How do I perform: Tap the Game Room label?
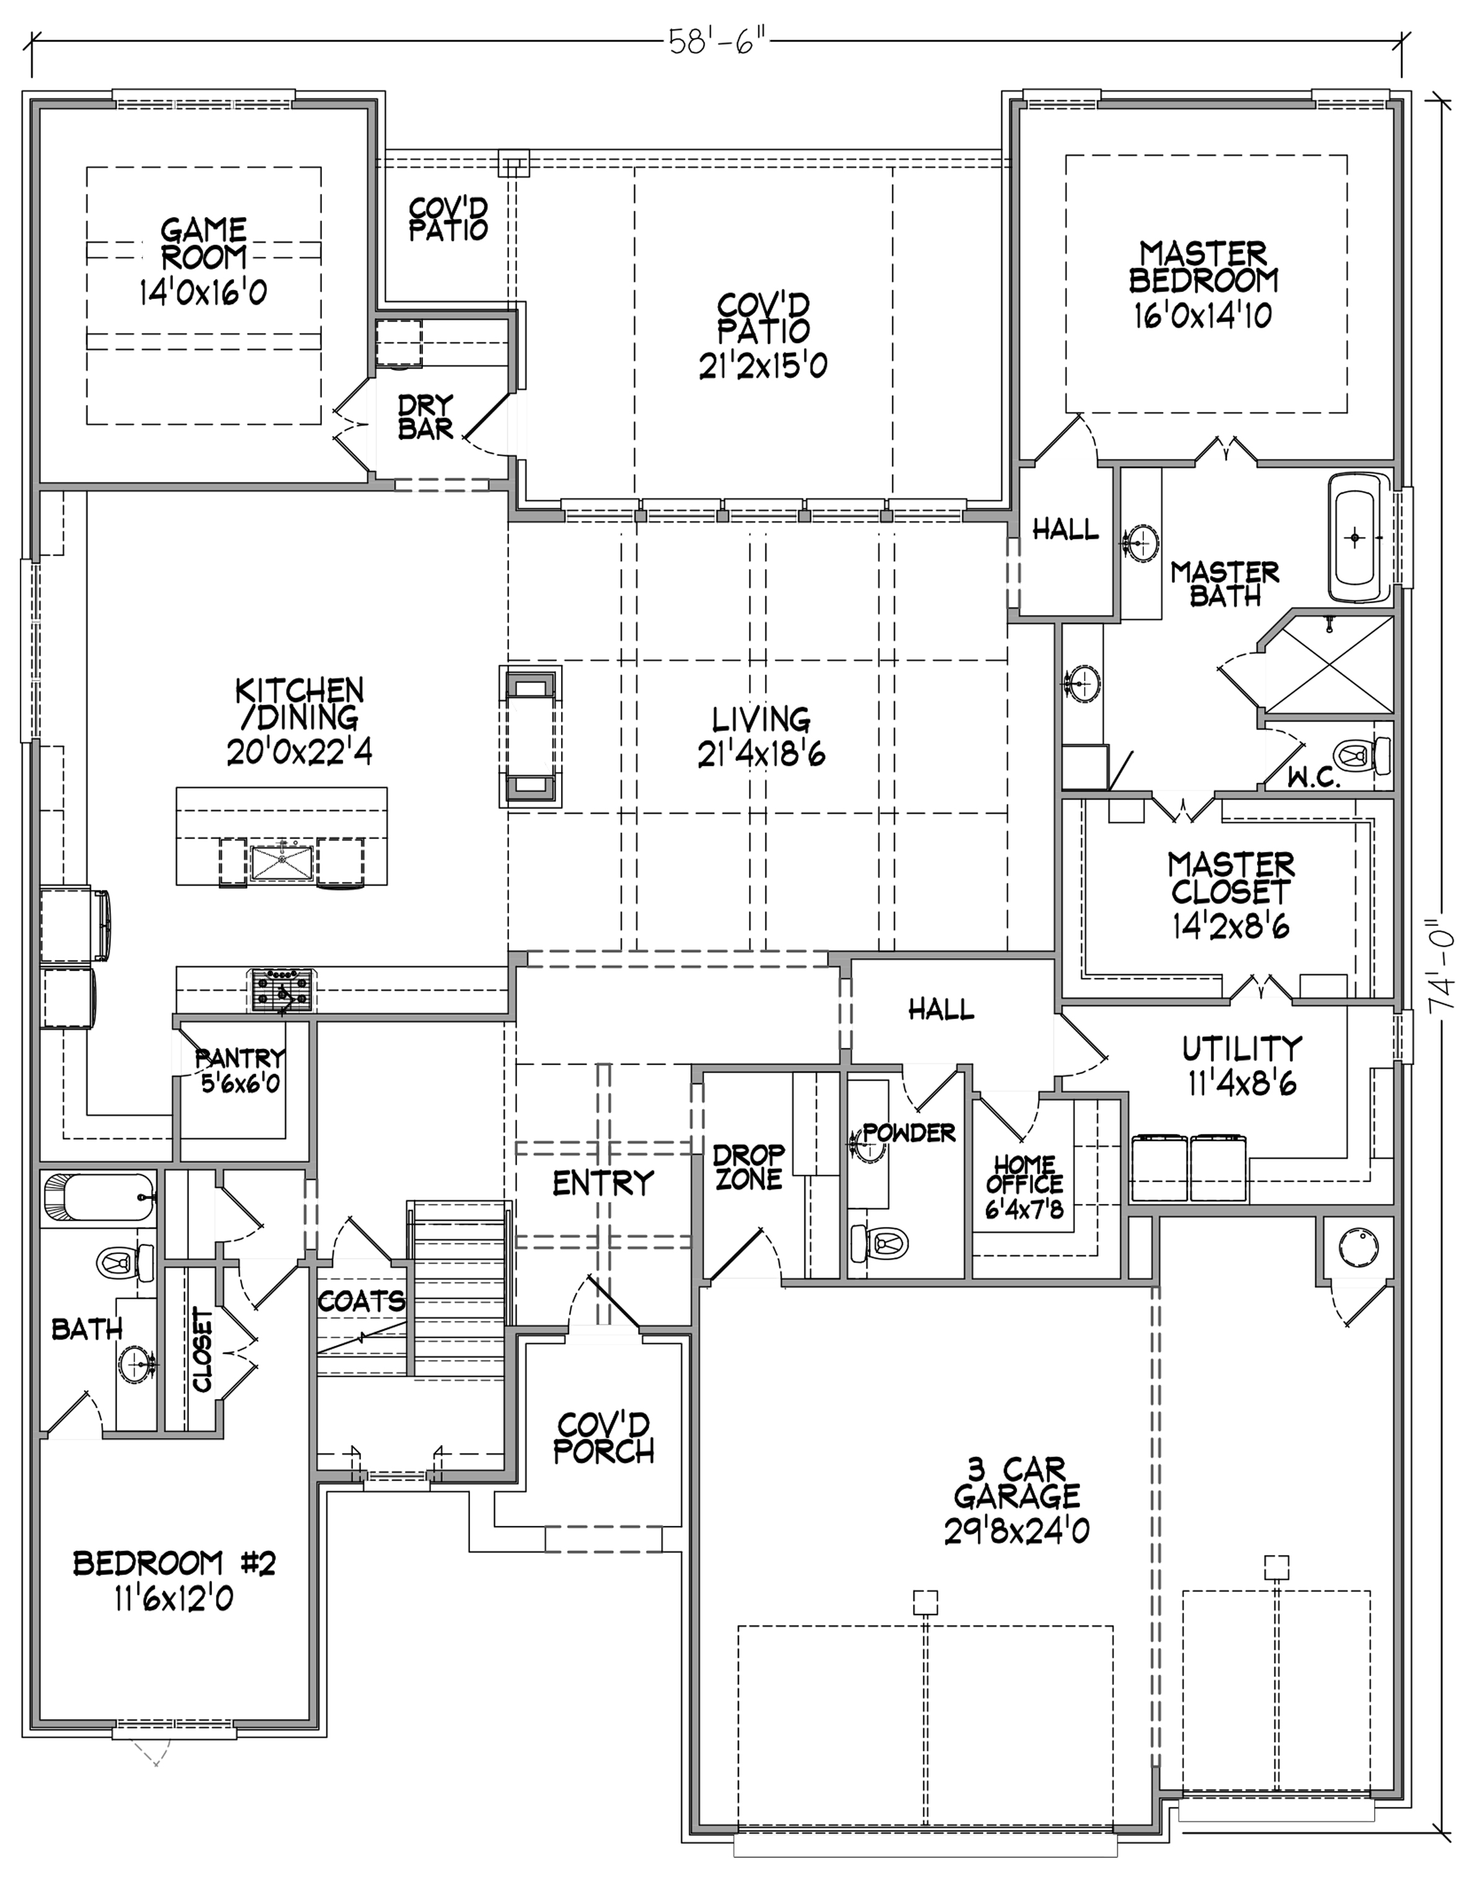point(204,244)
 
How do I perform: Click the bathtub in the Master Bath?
point(1359,537)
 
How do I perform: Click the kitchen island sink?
point(281,863)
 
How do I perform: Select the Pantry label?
point(240,1058)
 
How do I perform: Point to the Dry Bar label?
point(425,417)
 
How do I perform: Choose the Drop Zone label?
point(748,1166)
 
